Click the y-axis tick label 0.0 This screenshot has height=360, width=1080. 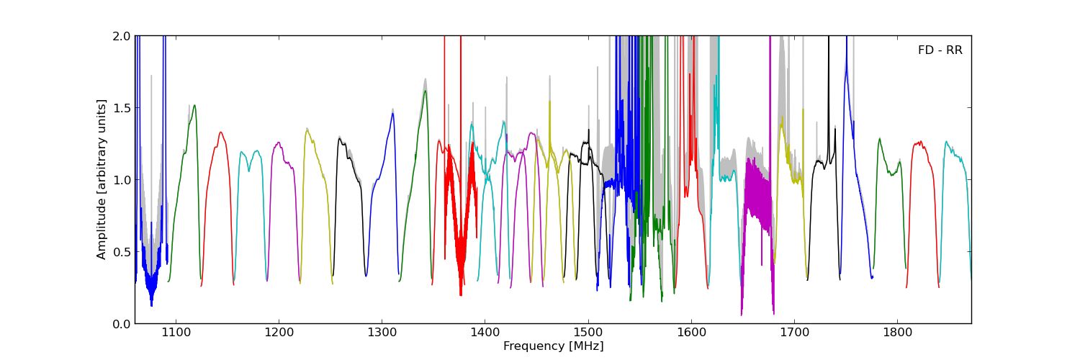[122, 324]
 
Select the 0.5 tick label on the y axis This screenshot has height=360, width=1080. [122, 252]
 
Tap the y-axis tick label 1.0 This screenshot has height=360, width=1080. [122, 180]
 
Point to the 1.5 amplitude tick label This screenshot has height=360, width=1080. [122, 108]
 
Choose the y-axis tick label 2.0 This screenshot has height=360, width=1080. [122, 36]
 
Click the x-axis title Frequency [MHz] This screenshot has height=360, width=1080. [553, 346]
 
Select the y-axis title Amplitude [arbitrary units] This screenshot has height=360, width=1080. [102, 179]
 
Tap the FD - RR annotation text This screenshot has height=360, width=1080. [940, 50]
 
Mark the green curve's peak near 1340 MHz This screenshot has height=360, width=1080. [426, 91]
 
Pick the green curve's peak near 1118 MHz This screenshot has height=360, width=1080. [194, 106]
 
